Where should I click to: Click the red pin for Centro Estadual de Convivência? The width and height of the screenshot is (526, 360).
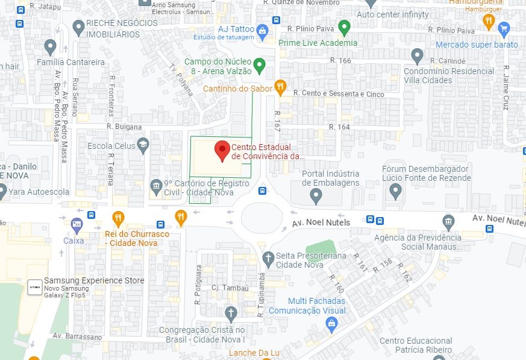[222, 150]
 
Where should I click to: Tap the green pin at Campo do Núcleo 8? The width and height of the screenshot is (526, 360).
[259, 65]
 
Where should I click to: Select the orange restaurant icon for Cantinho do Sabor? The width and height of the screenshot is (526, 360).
[280, 87]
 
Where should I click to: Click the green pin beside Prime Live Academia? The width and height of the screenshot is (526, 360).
[344, 27]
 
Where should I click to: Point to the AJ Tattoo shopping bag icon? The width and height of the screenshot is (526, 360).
[262, 30]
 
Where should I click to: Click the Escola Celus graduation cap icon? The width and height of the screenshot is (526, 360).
[143, 145]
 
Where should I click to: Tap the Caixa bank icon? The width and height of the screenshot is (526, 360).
[77, 224]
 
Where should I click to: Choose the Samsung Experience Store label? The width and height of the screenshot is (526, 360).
[94, 280]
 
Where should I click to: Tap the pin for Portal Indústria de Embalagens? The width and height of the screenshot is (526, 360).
[316, 195]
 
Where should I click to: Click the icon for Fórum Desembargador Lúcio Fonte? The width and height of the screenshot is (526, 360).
[396, 191]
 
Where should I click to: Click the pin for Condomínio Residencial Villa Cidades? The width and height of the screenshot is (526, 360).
[417, 57]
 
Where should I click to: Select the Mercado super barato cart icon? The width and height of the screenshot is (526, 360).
[504, 28]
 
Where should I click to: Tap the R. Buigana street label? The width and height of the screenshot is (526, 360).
[124, 127]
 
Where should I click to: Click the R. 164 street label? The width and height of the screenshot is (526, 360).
[340, 127]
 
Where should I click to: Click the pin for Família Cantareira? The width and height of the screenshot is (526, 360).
[50, 46]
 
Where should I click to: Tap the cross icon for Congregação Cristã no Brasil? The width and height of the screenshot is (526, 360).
[230, 313]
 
